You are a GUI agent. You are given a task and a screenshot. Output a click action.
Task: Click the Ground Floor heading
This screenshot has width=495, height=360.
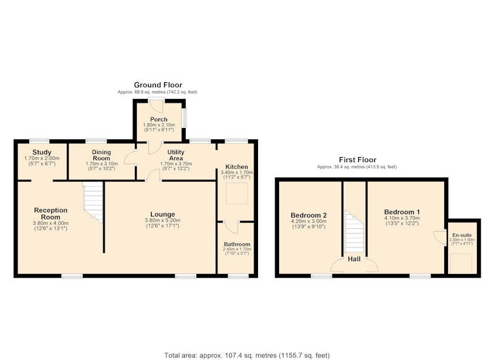coord(158,85)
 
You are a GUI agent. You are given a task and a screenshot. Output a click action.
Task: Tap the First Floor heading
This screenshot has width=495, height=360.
coord(358,160)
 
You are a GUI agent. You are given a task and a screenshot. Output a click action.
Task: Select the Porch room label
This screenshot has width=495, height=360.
coord(159,119)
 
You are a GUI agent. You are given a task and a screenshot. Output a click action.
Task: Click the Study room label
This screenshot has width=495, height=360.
coord(41,152)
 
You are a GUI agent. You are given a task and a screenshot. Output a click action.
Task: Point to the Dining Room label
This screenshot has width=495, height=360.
coord(101,155)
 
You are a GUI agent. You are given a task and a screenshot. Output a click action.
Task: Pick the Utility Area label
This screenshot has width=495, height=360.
coord(176,155)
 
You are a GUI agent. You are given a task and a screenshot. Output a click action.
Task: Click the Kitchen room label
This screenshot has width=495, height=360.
coord(236,167)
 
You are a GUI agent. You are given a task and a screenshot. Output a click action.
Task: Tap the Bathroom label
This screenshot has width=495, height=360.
coord(237,244)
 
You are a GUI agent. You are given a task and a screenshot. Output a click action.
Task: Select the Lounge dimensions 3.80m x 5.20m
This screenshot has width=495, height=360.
coord(163,220)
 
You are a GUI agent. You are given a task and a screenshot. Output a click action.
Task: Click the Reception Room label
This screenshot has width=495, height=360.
coord(51,213)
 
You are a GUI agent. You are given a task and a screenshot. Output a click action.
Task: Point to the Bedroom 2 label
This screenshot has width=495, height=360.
coord(308,215)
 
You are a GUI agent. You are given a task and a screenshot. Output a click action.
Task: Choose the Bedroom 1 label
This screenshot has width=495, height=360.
coord(402,212)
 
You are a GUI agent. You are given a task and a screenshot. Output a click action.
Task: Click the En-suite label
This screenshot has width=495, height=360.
coord(462,235)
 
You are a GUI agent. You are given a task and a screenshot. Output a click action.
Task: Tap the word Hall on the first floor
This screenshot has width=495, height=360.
coord(354,259)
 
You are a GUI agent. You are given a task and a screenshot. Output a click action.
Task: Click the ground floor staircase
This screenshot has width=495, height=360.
coord(93,202)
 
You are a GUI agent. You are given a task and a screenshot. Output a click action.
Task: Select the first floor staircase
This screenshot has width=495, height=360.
coord(354,231)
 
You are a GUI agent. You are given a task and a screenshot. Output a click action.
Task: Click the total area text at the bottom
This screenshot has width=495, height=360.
coord(247,355)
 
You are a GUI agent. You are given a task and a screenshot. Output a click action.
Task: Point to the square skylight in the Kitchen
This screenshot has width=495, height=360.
coord(237,193)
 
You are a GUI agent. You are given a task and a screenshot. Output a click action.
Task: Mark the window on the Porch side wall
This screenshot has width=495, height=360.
coord(184,118)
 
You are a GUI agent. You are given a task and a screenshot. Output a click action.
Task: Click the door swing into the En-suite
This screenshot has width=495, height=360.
coord(439,237)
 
